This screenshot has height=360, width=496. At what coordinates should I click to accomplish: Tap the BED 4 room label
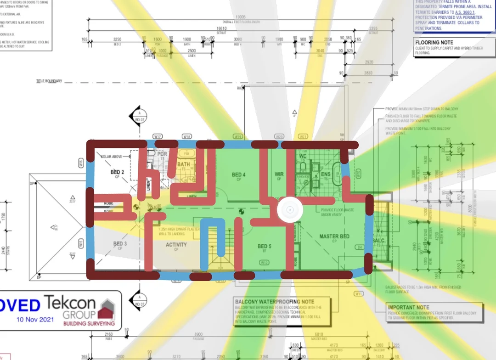(x=238, y=174)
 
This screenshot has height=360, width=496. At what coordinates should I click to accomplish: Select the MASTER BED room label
(x=334, y=236)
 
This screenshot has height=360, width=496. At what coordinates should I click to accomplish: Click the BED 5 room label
(x=264, y=247)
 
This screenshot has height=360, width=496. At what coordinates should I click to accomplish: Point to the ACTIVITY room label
(x=176, y=245)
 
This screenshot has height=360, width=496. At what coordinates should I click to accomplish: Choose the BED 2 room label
(x=115, y=172)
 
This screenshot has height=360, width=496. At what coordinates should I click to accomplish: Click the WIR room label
(x=279, y=174)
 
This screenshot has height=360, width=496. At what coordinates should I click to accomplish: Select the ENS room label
(x=326, y=174)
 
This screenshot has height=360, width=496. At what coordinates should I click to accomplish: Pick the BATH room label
(x=183, y=164)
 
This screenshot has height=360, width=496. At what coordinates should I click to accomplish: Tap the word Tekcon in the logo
(x=70, y=303)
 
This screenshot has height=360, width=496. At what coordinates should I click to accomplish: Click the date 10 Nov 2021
(x=35, y=319)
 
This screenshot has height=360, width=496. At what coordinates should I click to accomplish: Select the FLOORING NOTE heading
(x=434, y=42)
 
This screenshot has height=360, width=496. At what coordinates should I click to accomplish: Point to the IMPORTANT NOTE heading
(x=408, y=307)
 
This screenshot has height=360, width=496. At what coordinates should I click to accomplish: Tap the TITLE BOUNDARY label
(x=49, y=81)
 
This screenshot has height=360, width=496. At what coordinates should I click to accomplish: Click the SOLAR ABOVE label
(x=112, y=157)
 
